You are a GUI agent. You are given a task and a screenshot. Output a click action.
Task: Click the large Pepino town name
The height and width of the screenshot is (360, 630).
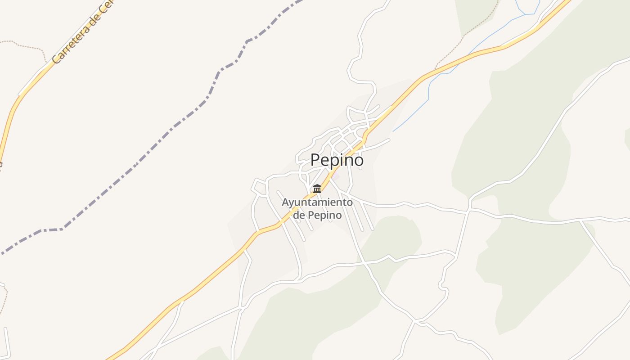[337, 160]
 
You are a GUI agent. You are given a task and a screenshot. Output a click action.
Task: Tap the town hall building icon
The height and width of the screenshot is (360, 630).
[317, 189]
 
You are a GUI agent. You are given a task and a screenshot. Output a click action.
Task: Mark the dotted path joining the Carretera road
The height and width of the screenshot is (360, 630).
[27, 45]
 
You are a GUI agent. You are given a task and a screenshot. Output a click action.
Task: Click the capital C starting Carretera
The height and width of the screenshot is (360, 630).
[56, 58]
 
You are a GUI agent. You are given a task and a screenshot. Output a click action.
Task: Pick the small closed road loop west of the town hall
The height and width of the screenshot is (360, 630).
[259, 187]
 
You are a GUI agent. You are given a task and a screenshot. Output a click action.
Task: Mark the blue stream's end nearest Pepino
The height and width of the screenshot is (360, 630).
[394, 131]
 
